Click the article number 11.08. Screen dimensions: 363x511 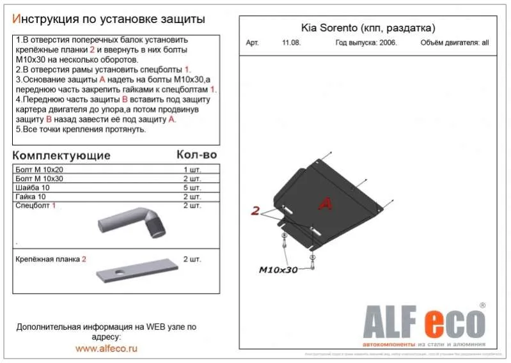[x=290, y=43]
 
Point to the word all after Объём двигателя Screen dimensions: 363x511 [x=485, y=43]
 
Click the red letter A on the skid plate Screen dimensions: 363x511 [x=325, y=204]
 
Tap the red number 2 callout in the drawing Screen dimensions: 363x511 [x=255, y=211]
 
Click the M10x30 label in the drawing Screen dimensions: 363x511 [x=278, y=270]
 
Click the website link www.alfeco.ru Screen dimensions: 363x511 [x=106, y=348]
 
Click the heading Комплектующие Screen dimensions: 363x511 [x=61, y=155]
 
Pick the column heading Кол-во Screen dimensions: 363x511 [x=196, y=155]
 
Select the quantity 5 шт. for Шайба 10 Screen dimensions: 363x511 [x=192, y=188]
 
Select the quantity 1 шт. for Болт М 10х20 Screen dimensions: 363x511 [x=192, y=170]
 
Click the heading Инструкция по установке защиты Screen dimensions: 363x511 [x=109, y=19]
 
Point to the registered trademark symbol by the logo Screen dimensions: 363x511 [x=482, y=305]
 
